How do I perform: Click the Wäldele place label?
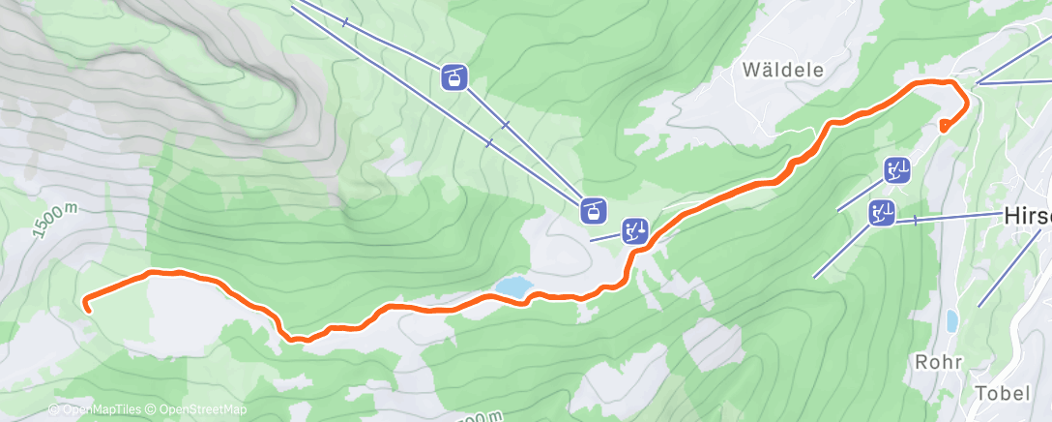pos(783,70)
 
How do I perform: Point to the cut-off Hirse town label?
pos(1028,216)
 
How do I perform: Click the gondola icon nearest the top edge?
pos(454,76)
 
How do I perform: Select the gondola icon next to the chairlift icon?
pos(592,207)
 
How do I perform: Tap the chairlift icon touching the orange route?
pos(635,230)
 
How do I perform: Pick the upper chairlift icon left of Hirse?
pos(897,171)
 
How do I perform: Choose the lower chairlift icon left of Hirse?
pos(881,212)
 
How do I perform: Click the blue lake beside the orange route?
pos(512,286)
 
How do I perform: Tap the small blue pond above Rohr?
pos(952,319)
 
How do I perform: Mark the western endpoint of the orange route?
pos(87,309)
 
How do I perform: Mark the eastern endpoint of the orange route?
pos(944,125)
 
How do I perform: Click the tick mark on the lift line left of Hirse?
pos(914,221)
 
